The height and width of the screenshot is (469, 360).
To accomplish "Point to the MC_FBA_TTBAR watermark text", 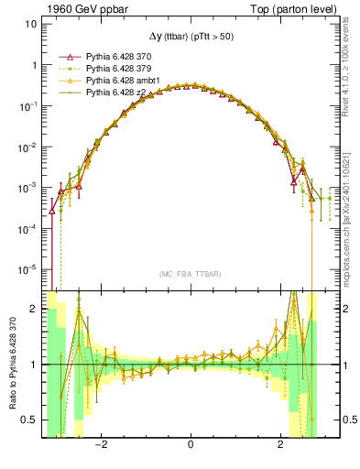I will coord(190,274).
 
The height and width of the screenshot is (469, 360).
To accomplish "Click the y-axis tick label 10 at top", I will coord(31,25).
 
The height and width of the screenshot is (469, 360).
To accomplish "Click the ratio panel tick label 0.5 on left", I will coord(29,420).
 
